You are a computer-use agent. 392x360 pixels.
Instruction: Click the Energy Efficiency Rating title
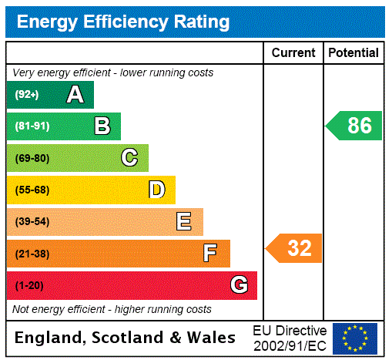click(123, 22)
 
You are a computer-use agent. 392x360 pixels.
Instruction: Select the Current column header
click(293, 53)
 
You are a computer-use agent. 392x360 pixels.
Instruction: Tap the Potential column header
click(353, 53)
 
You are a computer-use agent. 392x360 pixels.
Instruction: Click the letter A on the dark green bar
click(75, 95)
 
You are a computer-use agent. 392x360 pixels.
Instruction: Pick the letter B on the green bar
click(102, 126)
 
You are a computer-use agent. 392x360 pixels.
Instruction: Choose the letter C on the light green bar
click(129, 158)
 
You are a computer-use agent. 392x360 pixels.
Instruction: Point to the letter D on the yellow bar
click(156, 190)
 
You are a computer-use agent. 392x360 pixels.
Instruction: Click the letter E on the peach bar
click(184, 222)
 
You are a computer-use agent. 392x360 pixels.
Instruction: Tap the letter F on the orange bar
click(210, 254)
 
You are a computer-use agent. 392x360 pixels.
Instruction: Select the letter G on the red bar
click(239, 285)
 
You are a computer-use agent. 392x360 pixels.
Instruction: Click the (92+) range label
click(27, 95)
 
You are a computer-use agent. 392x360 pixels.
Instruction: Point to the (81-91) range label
click(32, 126)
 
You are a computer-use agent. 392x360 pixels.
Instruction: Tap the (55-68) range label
click(32, 190)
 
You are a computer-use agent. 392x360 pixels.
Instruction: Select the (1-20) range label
click(29, 286)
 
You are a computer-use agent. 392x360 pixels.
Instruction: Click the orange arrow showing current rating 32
click(295, 248)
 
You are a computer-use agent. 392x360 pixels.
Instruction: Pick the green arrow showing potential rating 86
click(355, 126)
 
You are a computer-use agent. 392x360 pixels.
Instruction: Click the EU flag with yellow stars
click(355, 338)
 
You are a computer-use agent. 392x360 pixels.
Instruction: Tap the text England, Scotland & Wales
click(126, 338)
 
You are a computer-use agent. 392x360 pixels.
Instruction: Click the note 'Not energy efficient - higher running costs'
click(112, 309)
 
